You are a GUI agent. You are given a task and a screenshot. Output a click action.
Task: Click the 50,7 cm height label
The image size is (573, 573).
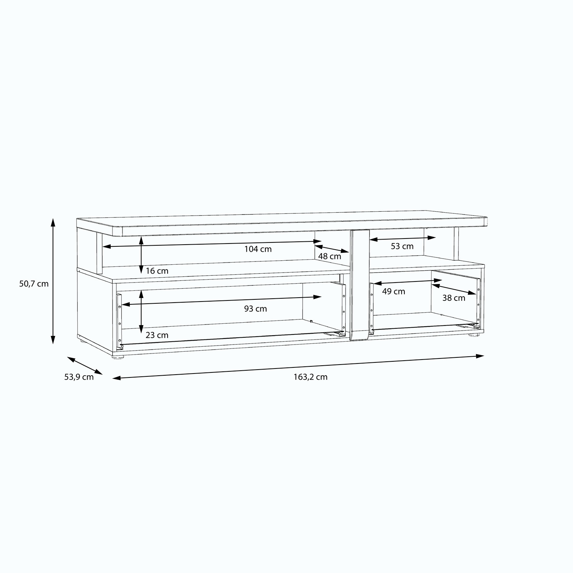coord(34,284)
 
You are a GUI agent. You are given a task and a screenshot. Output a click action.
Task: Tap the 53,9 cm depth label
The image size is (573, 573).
coord(79,377)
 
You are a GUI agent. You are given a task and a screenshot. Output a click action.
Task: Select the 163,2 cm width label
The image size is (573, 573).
coord(310,377)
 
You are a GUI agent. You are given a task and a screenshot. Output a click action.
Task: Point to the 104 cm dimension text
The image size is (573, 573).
coord(258,249)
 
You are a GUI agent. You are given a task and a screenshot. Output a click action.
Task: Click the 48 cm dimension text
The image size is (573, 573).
coord(329,256)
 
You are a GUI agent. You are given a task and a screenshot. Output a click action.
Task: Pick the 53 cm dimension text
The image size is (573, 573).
coord(402,246)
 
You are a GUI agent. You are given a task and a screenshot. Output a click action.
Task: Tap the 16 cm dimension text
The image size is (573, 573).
coord(157,271)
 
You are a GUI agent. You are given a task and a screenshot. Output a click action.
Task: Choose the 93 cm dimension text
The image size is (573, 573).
coord(255,309)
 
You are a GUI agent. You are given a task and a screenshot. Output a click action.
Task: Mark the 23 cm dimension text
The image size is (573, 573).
coord(157,335)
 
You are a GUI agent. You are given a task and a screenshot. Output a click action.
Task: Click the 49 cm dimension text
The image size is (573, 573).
coord(394,292)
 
